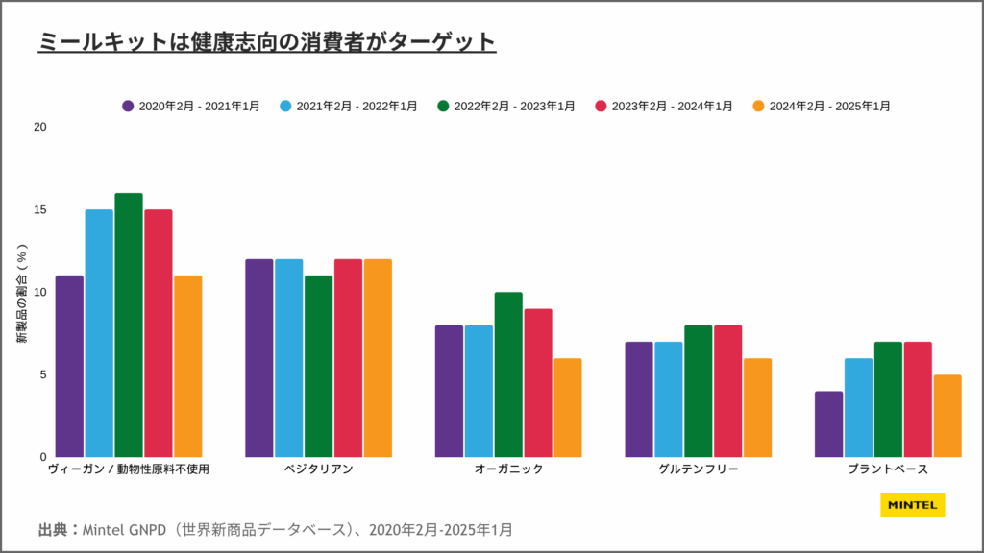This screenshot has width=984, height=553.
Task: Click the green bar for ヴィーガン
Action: point(129,325)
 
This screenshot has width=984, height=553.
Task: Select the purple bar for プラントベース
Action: point(828,423)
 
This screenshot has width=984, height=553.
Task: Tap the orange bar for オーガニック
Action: point(567,407)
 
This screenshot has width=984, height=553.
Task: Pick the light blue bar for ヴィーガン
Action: point(99,332)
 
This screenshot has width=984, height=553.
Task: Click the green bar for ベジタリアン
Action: point(319,366)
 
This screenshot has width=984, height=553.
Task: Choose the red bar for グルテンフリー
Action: point(727,391)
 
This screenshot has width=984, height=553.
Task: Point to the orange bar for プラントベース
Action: point(947,415)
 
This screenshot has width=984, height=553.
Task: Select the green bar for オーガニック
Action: point(508,374)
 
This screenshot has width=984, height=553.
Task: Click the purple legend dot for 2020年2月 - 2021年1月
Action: point(128,106)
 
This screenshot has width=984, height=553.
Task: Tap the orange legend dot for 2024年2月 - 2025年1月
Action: point(758,106)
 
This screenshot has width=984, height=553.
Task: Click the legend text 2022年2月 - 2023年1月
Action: point(514,106)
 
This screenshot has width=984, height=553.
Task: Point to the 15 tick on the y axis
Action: point(39,209)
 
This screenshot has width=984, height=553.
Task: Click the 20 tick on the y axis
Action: point(39,127)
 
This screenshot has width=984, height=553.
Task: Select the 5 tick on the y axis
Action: point(42,374)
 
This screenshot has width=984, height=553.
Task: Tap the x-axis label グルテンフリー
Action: point(699,469)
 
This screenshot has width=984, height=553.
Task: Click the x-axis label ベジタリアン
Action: point(318,469)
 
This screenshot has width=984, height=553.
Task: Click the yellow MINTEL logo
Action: point(912,505)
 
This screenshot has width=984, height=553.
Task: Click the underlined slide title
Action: point(266,42)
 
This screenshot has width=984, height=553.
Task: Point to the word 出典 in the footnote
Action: point(55,529)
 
